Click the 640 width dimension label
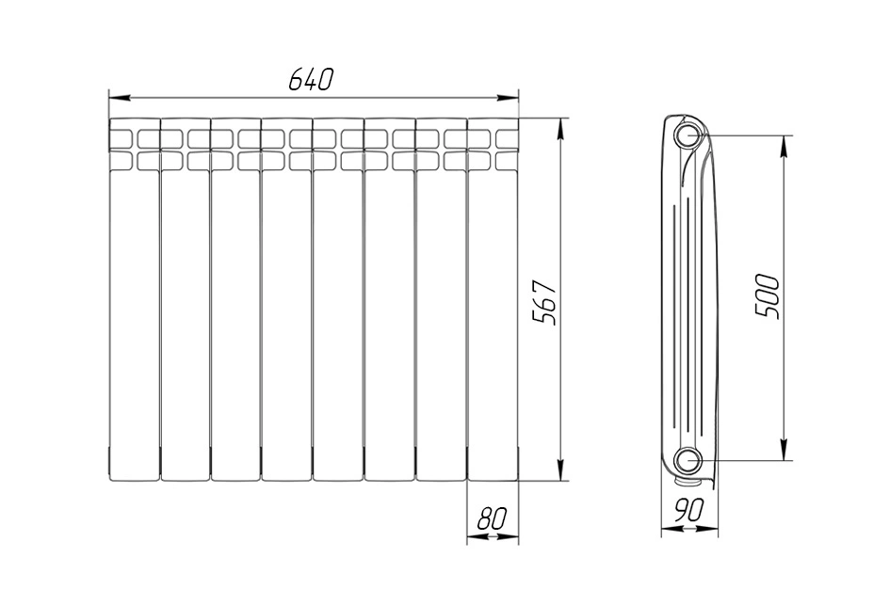tap(309, 79)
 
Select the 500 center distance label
tap(768, 295)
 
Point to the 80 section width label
tap(492, 518)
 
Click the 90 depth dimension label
tap(689, 510)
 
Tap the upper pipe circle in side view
tap(688, 136)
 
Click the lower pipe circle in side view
tap(688, 460)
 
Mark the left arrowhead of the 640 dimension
tap(120, 98)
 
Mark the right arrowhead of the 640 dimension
tap(508, 98)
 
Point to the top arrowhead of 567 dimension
tap(560, 129)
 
